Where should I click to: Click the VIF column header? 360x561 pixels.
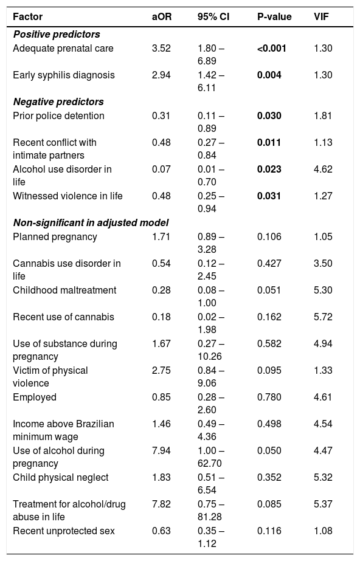[x=321, y=17]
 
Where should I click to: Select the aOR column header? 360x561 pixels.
[x=162, y=17]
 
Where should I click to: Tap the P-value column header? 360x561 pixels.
[x=274, y=17]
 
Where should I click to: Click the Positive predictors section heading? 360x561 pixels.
[x=57, y=35]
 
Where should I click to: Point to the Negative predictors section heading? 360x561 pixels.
[x=58, y=102]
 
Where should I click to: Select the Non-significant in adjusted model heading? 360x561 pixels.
[x=91, y=223]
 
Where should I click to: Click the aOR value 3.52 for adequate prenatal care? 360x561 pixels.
[x=161, y=48]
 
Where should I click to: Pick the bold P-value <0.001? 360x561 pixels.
[x=272, y=48]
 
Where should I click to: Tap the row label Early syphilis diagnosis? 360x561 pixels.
[x=64, y=75]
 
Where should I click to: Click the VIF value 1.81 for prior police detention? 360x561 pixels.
[x=323, y=116]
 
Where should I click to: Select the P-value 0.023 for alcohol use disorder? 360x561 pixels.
[x=269, y=169]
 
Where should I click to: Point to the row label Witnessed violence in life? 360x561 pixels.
[x=67, y=196]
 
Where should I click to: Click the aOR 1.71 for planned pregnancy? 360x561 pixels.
[x=161, y=237]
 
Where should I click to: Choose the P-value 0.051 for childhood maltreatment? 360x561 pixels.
[x=269, y=290]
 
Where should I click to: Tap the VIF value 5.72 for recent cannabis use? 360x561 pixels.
[x=323, y=317]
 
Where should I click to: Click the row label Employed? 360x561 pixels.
[x=35, y=398]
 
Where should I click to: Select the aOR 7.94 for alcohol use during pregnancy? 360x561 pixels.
[x=161, y=451]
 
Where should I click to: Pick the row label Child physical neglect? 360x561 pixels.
[x=61, y=478]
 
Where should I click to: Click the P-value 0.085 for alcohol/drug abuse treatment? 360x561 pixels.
[x=269, y=504]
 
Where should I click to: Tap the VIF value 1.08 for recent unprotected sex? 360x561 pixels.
[x=323, y=531]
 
